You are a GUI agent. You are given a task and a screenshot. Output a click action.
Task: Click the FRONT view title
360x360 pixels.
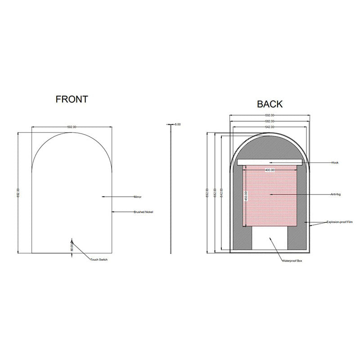click(72, 99)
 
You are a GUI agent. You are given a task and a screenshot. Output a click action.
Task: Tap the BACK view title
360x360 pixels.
click(270, 104)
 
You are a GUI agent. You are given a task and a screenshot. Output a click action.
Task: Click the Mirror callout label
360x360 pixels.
click(138, 197)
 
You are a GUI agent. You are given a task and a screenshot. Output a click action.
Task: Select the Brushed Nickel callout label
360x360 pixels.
click(144, 212)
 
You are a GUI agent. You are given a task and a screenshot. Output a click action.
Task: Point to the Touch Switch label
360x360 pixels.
click(99, 260)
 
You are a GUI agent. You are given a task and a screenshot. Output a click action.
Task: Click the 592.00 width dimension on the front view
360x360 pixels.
click(72, 127)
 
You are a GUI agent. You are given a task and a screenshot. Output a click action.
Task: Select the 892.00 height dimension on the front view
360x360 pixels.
click(18, 193)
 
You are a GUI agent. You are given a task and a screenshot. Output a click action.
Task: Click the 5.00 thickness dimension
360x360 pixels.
click(177, 124)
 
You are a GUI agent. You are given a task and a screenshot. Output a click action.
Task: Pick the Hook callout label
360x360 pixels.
click(334, 162)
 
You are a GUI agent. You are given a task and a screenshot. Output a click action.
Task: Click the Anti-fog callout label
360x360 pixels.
click(335, 194)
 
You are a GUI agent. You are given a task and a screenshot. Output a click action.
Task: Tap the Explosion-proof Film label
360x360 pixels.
click(340, 222)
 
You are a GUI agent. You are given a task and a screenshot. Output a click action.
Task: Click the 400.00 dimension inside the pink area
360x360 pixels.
click(270, 170)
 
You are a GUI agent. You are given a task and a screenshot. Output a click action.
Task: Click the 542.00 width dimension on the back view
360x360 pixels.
click(270, 127)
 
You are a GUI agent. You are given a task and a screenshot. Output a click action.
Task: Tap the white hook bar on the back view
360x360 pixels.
click(270, 162)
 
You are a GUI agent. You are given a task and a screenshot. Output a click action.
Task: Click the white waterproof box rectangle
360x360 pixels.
click(270, 237)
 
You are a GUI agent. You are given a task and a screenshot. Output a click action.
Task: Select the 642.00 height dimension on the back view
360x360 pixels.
click(222, 193)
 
